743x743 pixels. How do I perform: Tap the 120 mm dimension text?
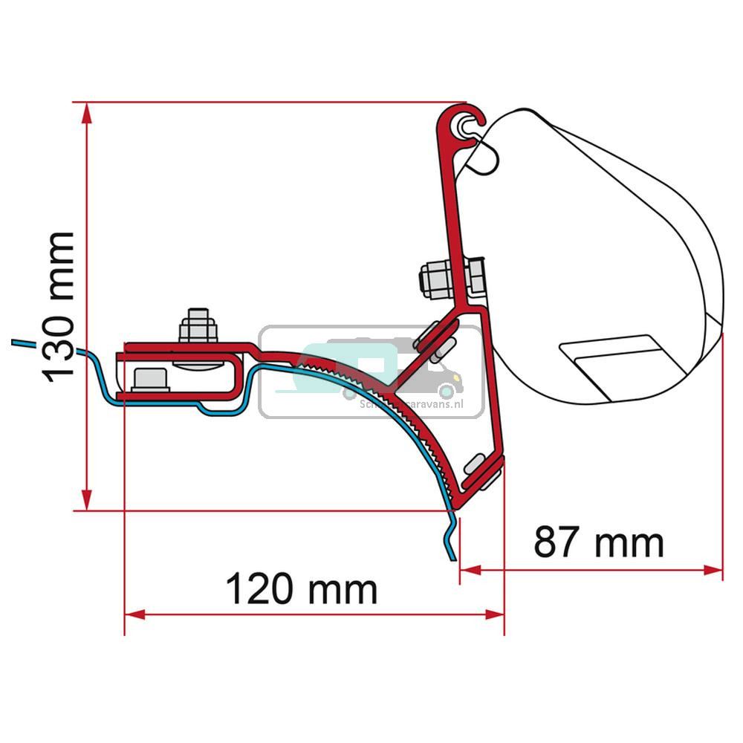point(301,590)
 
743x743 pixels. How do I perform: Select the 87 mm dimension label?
point(598,543)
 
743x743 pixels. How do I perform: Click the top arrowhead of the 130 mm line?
point(88,111)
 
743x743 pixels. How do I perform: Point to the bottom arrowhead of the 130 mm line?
point(88,501)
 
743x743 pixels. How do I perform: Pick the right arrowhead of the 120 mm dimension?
point(496,614)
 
